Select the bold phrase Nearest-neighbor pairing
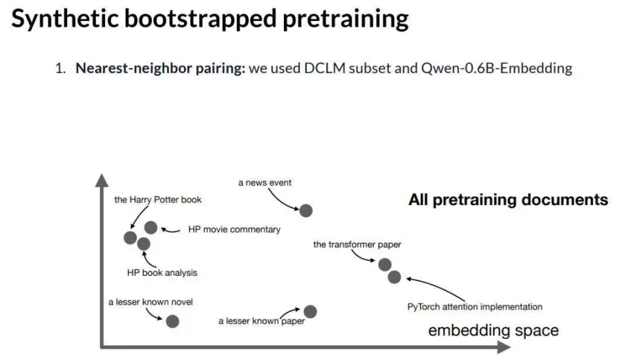[160, 68]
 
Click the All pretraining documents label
[508, 200]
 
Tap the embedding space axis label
[493, 330]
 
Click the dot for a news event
[306, 210]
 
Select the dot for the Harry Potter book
[130, 237]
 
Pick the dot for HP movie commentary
[151, 227]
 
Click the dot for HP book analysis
[144, 244]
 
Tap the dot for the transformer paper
[385, 264]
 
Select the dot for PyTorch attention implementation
[394, 277]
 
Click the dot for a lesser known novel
[172, 321]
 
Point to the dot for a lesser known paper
[310, 311]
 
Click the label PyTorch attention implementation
[475, 306]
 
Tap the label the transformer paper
[357, 244]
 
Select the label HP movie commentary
[234, 229]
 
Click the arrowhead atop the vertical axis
[101, 179]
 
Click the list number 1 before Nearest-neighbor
[59, 68]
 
